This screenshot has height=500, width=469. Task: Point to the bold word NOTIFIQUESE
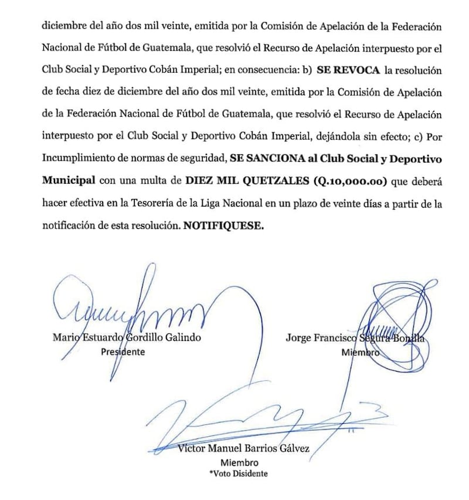click(x=223, y=225)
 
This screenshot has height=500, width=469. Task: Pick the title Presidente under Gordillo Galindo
click(x=123, y=352)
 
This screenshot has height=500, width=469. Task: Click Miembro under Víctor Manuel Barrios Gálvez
click(x=243, y=462)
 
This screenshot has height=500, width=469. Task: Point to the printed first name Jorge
click(x=300, y=338)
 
